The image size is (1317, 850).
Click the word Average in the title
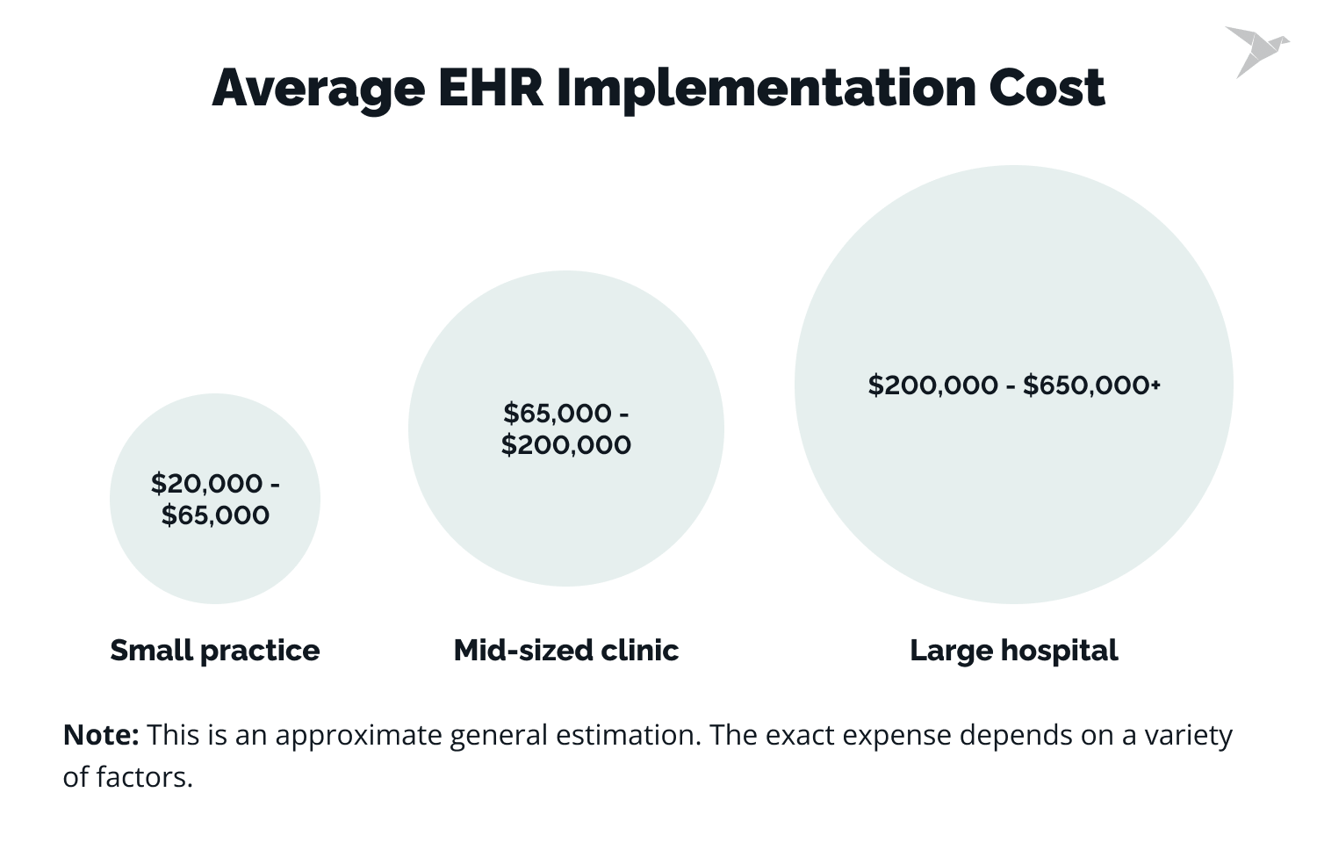pos(318,89)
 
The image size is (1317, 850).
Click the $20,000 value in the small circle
pos(206,484)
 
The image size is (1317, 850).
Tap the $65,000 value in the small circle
pos(215,515)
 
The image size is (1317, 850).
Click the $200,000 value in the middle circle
pos(566,445)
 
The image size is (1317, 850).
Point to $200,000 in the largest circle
pos(932,385)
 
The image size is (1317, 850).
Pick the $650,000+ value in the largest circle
pos(1091,385)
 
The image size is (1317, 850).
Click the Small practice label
pos(215,651)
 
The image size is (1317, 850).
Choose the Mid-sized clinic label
pos(566,651)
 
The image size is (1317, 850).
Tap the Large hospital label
pos(1014,651)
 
